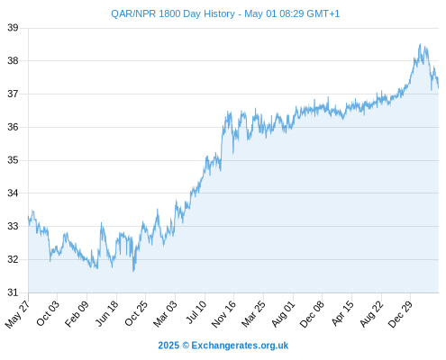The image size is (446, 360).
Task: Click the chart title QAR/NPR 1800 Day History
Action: pos(173,13)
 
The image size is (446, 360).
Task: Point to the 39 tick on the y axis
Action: pos(13,28)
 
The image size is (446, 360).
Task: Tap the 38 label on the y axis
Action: pos(13,61)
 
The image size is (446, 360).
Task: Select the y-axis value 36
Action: pos(13,127)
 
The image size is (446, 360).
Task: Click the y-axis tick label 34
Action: pos(13,193)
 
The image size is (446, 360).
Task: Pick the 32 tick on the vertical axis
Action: pos(13,259)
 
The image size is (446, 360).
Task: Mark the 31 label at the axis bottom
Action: pos(13,292)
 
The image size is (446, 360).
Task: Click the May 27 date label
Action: pos(18,314)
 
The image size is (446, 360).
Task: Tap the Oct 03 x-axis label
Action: pos(48,313)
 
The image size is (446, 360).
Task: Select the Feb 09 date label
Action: pos(77,313)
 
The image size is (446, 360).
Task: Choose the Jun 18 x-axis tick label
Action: pos(107,313)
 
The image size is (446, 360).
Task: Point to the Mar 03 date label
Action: pos(165,314)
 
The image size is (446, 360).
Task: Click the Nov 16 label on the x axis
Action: pos(223,314)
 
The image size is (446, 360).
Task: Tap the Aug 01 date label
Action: pos(283,314)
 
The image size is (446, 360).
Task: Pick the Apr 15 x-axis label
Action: pos(342,313)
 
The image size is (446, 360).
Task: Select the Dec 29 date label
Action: pos(400,314)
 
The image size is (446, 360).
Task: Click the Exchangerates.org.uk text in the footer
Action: pos(240,346)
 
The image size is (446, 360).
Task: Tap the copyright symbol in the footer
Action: pos(186,346)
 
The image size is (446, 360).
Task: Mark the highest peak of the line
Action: pos(420,44)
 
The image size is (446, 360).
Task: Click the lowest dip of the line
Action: pos(133,271)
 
